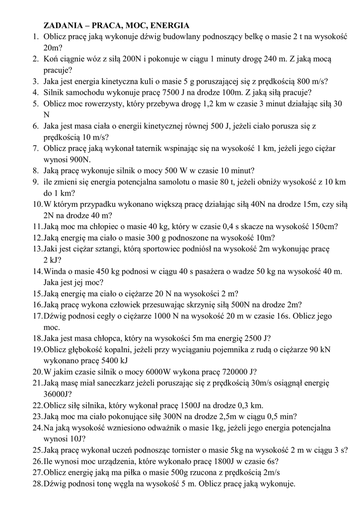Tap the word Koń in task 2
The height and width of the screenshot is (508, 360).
point(51,59)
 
